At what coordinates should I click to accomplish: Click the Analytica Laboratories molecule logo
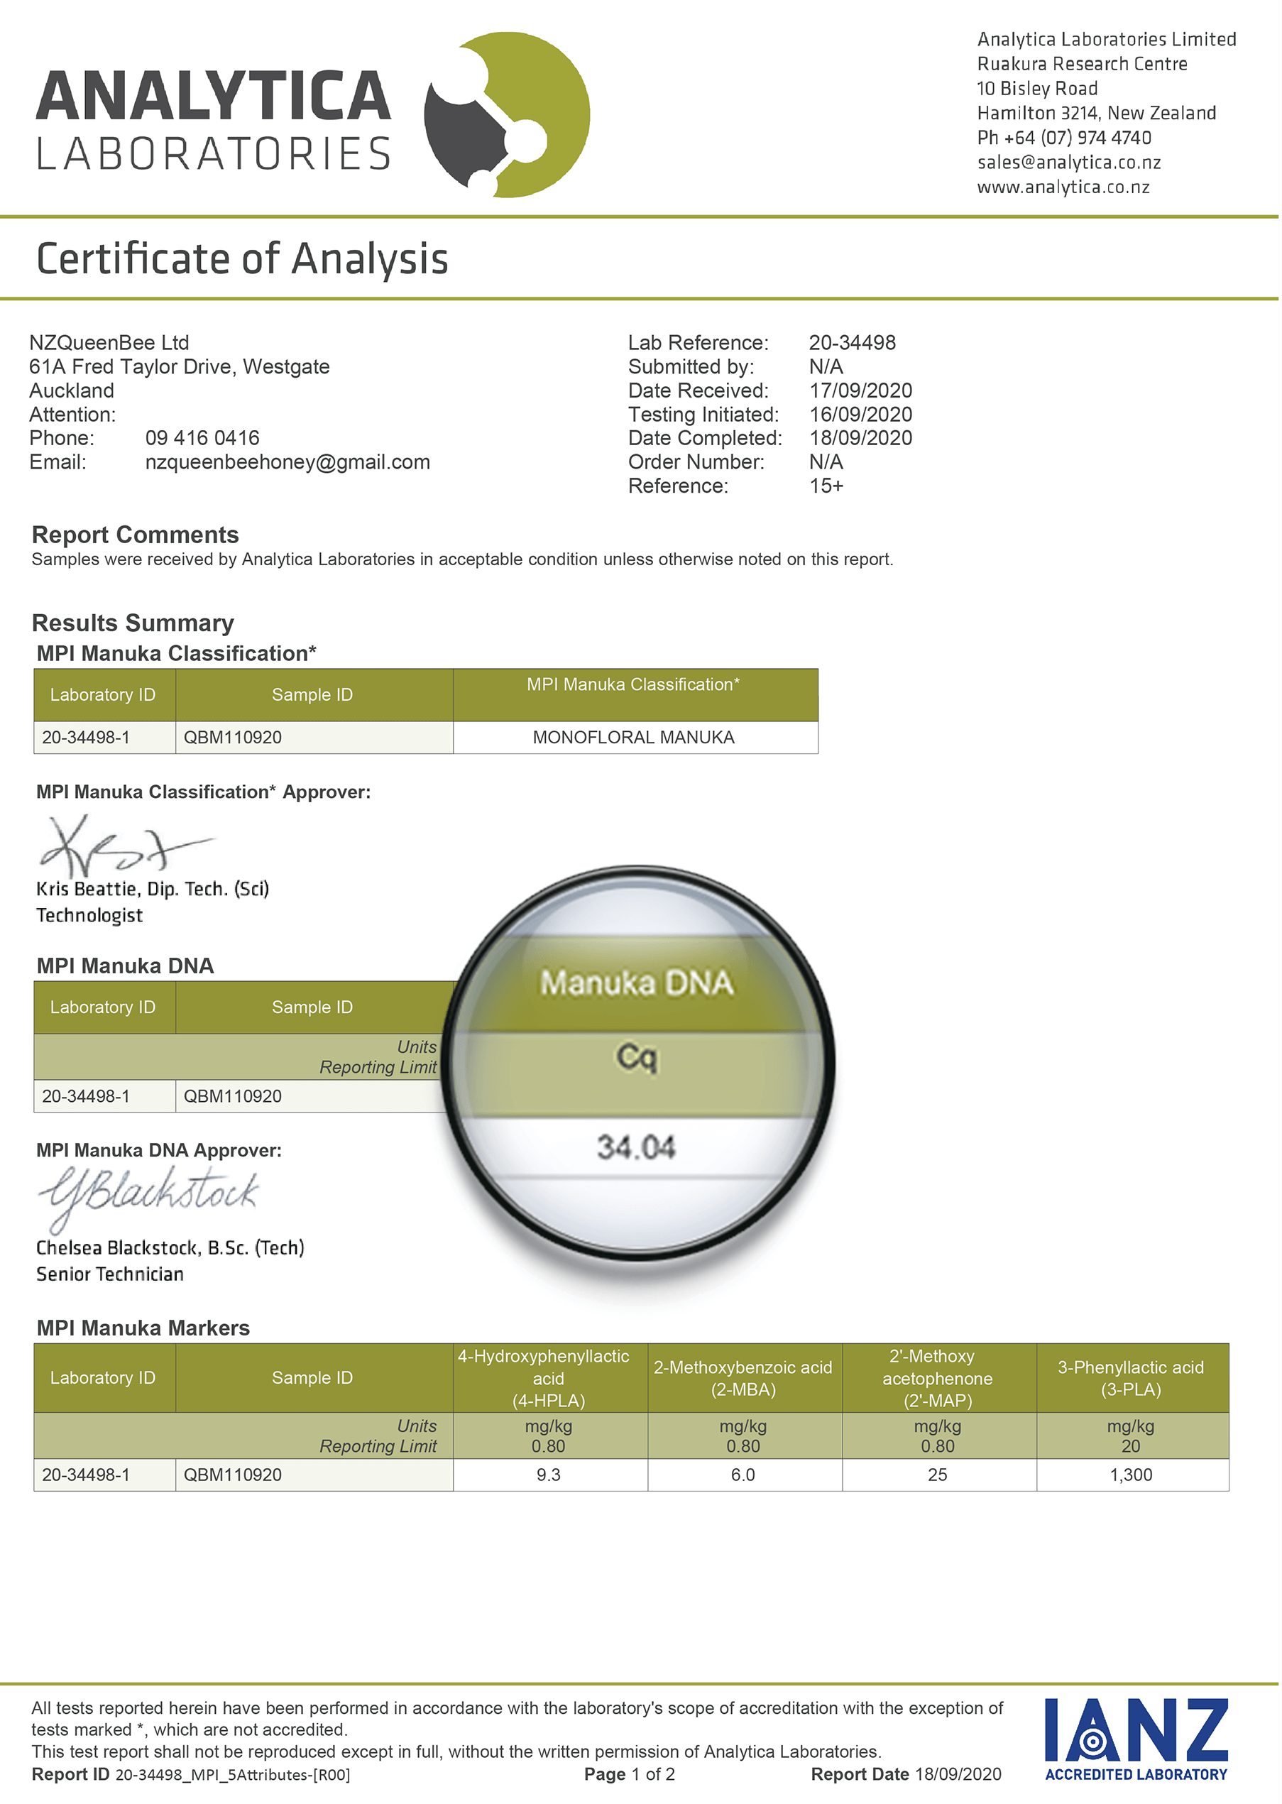tap(506, 115)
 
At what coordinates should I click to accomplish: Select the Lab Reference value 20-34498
tap(852, 343)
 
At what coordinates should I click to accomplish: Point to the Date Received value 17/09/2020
tap(860, 390)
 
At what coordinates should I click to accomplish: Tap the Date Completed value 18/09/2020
tap(860, 438)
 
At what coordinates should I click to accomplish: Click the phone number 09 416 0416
tap(202, 438)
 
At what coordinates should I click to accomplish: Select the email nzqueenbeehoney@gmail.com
tap(287, 462)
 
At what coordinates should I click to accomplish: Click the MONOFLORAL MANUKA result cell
tap(633, 738)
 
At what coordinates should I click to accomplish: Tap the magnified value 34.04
tap(636, 1147)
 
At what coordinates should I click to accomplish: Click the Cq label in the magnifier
tap(636, 1056)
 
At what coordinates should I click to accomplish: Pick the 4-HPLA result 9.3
tap(548, 1475)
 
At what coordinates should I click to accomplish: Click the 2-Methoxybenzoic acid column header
tap(743, 1378)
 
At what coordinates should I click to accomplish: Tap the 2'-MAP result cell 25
tap(937, 1475)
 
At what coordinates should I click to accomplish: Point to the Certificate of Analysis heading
tap(242, 259)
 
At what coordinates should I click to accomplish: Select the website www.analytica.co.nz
tap(1063, 187)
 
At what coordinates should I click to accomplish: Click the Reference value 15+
tap(826, 486)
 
